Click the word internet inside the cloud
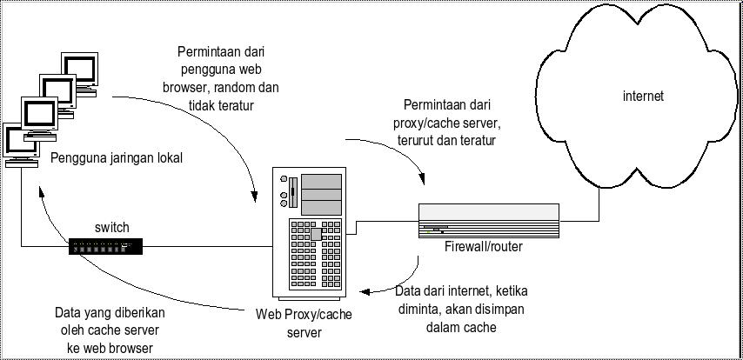tap(643, 97)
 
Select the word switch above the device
tap(111, 228)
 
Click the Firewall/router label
tap(483, 247)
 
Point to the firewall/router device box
tap(487, 220)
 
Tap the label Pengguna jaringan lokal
tap(117, 158)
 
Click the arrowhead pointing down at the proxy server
tap(255, 190)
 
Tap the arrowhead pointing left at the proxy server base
tap(366, 292)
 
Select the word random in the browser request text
tap(238, 87)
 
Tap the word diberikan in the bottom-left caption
tap(138, 311)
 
